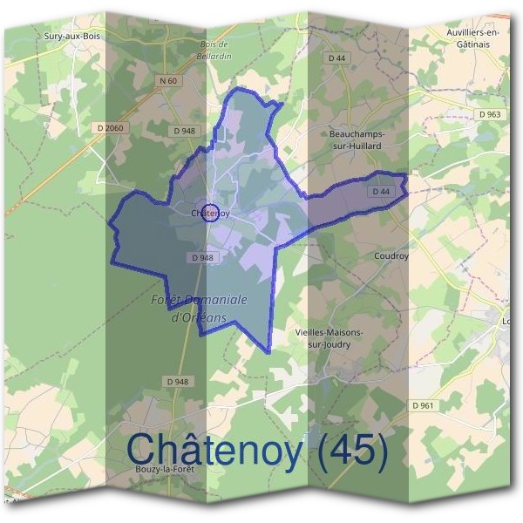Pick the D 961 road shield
(x=422, y=405)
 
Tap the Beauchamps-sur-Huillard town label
(x=357, y=139)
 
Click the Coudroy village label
(x=391, y=256)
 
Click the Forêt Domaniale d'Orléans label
(x=200, y=308)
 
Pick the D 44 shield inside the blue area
(x=381, y=191)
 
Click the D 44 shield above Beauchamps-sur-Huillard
(x=337, y=58)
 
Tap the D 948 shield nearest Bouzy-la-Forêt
(x=177, y=382)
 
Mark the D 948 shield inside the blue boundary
(x=200, y=257)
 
